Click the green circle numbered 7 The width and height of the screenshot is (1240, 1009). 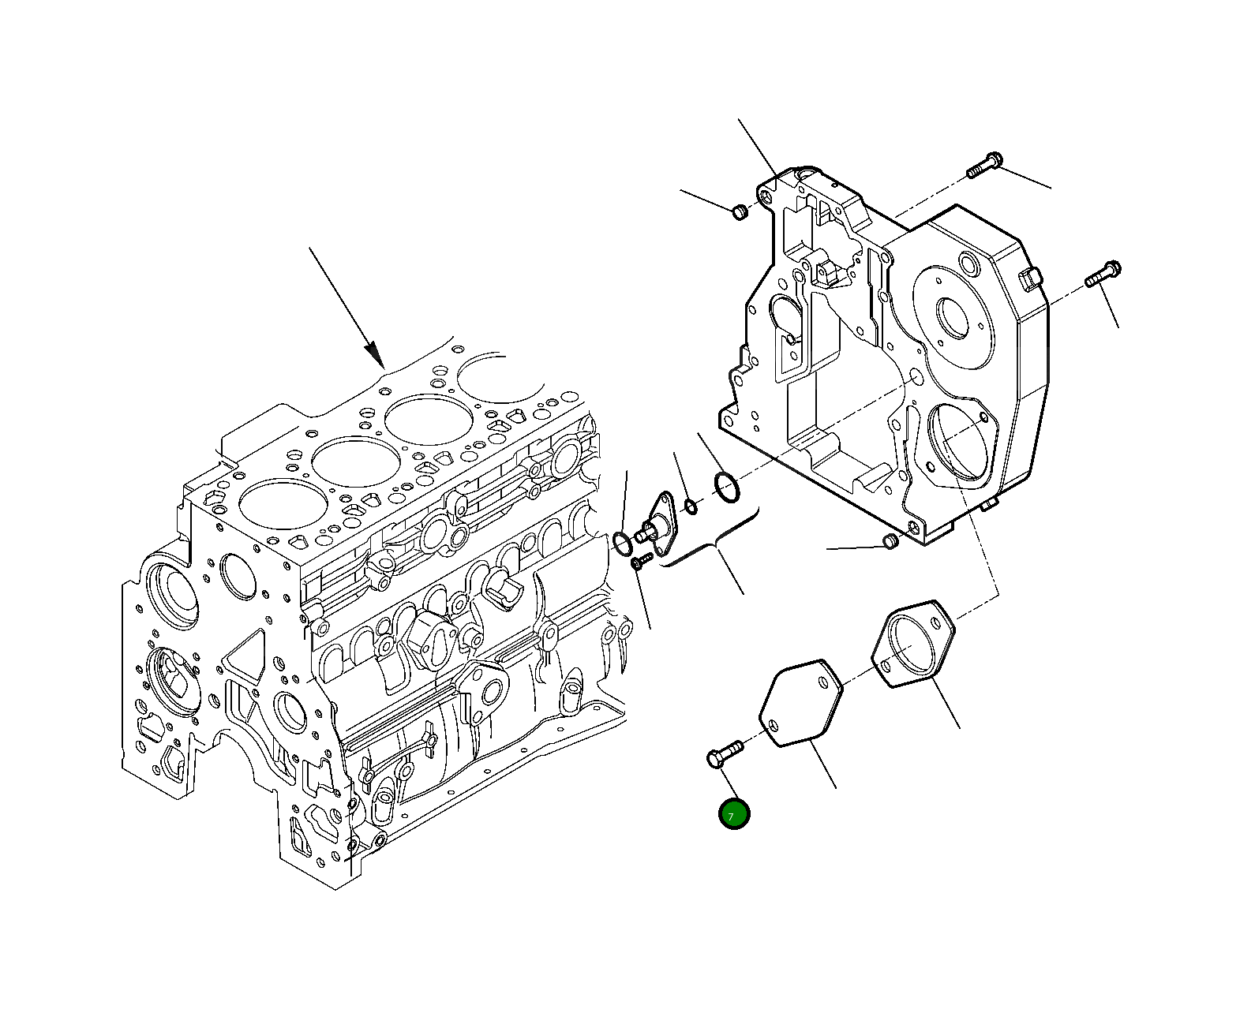pyautogui.click(x=734, y=815)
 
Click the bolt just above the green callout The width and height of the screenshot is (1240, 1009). pyautogui.click(x=723, y=753)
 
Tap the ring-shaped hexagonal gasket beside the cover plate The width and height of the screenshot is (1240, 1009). pyautogui.click(x=913, y=643)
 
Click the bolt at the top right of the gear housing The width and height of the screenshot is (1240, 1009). pyautogui.click(x=983, y=166)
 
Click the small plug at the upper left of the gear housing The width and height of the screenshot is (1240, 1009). pyautogui.click(x=740, y=211)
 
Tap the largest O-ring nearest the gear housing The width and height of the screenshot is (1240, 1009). pyautogui.click(x=726, y=487)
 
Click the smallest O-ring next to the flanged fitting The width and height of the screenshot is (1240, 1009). pyautogui.click(x=691, y=506)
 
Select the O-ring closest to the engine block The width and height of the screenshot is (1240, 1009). pyautogui.click(x=622, y=543)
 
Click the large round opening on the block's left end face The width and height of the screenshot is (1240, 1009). pyautogui.click(x=170, y=589)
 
